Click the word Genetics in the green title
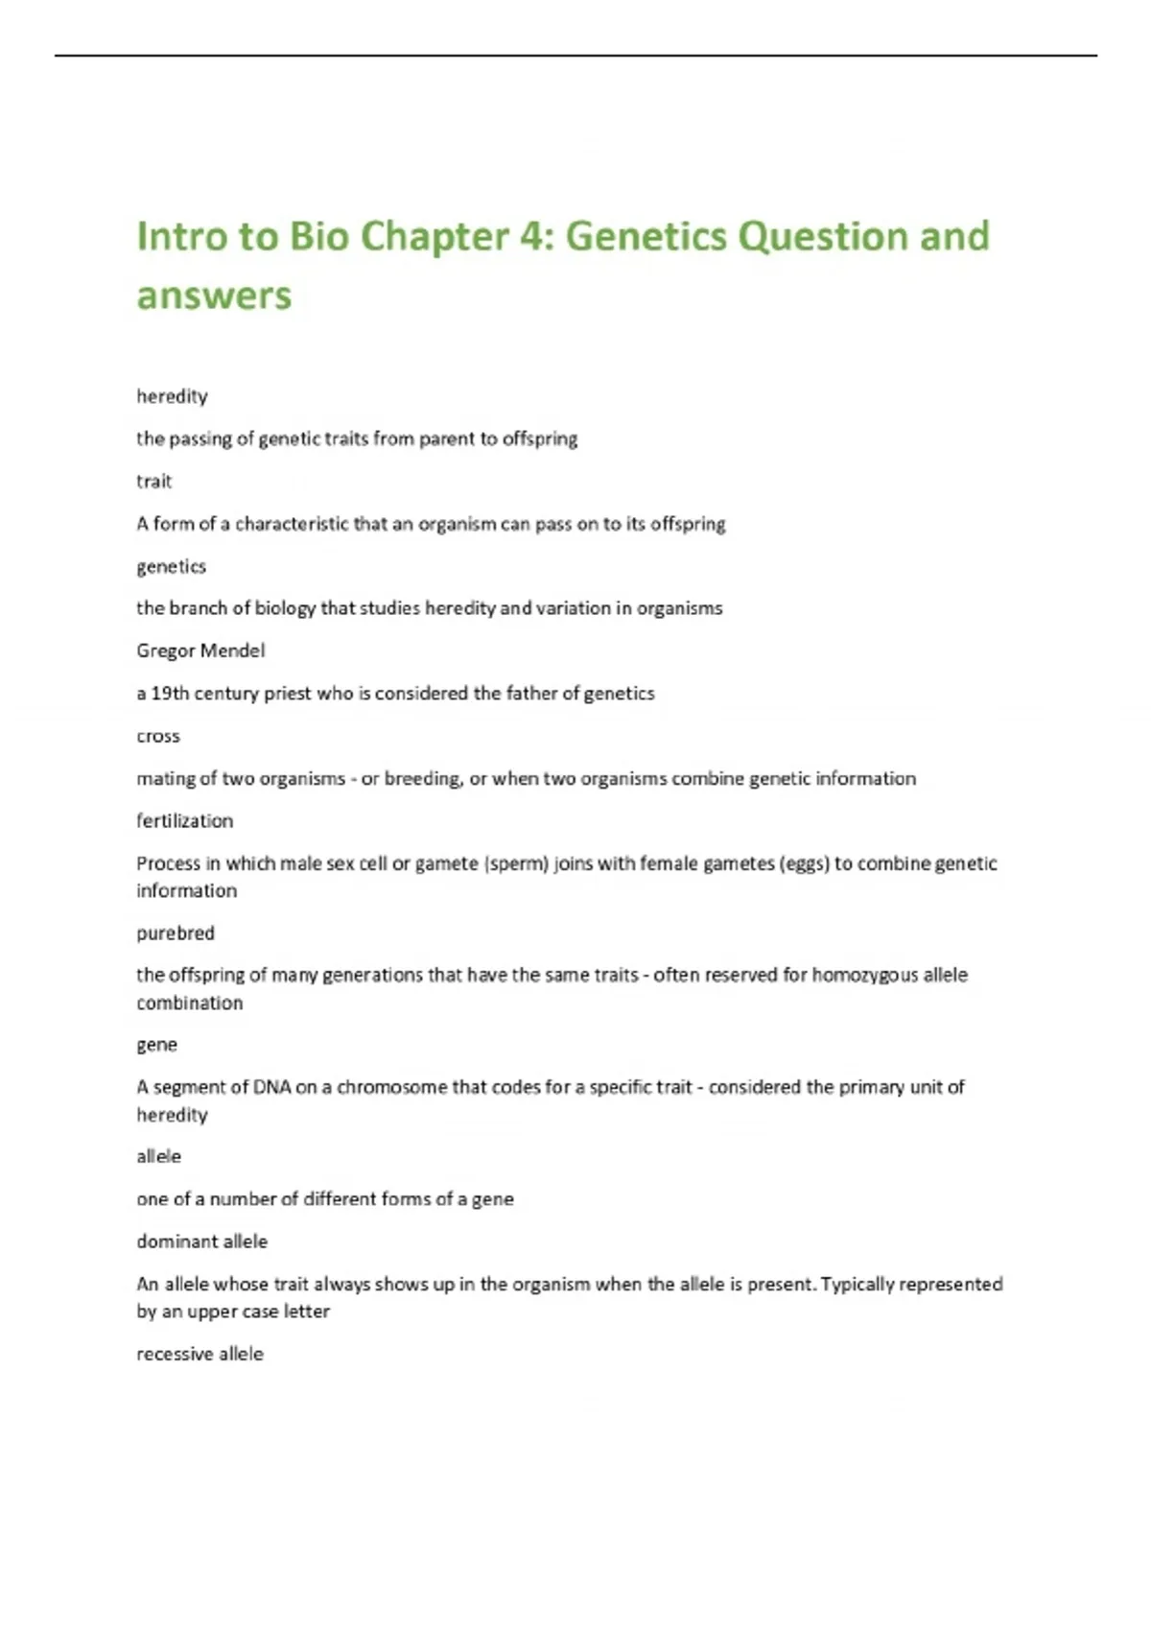click(x=646, y=237)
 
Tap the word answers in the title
click(x=213, y=295)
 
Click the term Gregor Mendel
click(x=200, y=650)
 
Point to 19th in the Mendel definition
click(x=170, y=694)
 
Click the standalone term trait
click(x=153, y=482)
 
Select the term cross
click(x=158, y=736)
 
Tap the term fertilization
click(x=184, y=821)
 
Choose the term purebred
click(x=176, y=933)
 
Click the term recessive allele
click(x=200, y=1354)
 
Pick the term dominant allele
click(x=201, y=1241)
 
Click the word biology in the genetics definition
click(x=285, y=608)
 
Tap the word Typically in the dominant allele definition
click(x=862, y=1284)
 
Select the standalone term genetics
click(x=171, y=566)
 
